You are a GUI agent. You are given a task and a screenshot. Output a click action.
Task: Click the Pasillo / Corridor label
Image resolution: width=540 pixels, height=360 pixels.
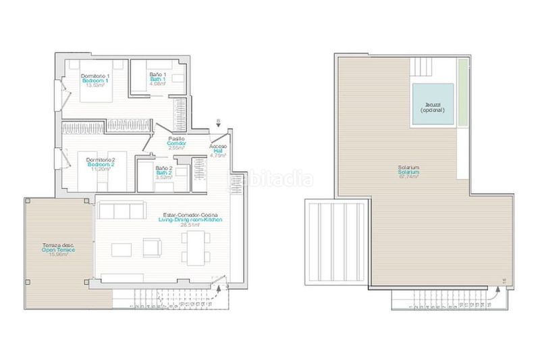tap(178, 143)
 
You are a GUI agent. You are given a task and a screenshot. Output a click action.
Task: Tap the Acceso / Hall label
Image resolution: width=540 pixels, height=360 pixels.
tap(217, 151)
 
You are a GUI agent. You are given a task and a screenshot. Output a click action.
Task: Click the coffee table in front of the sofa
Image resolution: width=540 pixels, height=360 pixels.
tap(123, 249)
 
